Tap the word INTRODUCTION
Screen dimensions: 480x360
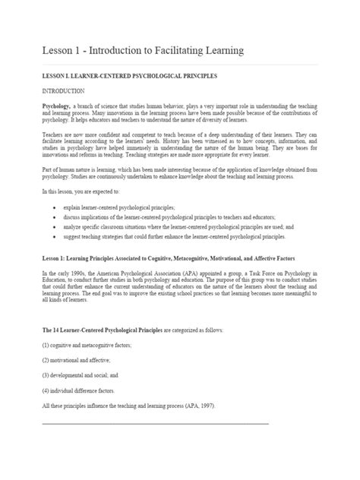66,91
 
